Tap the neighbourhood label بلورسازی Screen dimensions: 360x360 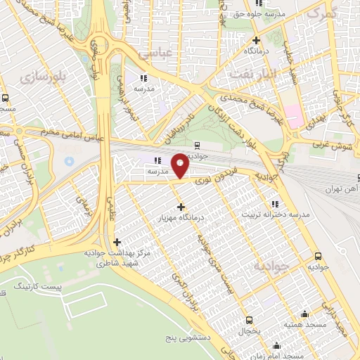tap(44, 75)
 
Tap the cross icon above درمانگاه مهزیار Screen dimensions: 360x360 tap(181, 207)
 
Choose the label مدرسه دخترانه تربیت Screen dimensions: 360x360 tap(271, 214)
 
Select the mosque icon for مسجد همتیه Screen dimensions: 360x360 tap(304, 314)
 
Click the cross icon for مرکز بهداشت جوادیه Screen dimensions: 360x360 tap(116, 243)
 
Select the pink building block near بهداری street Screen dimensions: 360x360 tap(294, 117)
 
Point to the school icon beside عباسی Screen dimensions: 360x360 tap(143, 78)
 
